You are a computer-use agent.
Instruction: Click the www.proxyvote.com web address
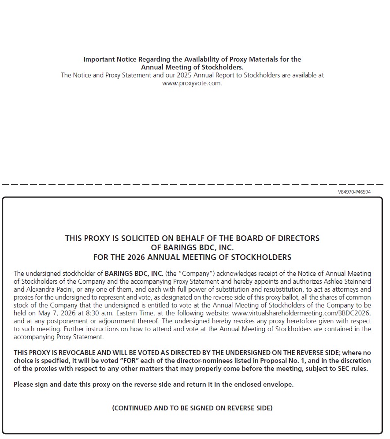192,84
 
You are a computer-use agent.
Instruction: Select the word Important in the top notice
99,59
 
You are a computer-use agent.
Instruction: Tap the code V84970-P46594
354,192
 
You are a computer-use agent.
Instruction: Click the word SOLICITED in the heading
134,238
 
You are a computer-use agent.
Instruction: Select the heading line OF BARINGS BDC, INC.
192,248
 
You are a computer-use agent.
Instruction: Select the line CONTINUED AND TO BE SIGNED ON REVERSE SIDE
192,408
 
